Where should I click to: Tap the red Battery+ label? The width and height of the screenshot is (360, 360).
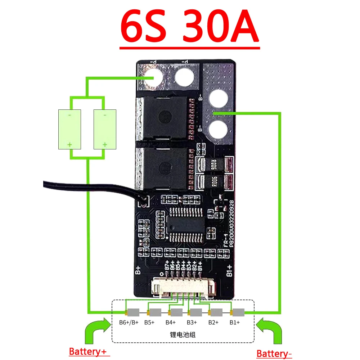tap(89, 351)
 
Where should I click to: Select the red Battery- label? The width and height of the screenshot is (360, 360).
tap(274, 354)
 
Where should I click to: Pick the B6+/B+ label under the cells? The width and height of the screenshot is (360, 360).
tap(127, 322)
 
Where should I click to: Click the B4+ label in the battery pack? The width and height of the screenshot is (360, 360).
tap(171, 322)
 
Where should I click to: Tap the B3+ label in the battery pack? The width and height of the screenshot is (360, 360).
tap(192, 322)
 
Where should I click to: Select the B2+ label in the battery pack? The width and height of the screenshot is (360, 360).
tap(213, 322)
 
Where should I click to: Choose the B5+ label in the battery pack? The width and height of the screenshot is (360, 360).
tap(149, 322)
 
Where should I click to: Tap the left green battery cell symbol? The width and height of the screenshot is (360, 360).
tap(69, 129)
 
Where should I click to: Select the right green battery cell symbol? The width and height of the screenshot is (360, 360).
tap(105, 129)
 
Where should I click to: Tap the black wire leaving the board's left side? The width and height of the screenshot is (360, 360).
tap(90, 189)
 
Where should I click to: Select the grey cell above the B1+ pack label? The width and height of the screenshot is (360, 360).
tap(238, 312)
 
